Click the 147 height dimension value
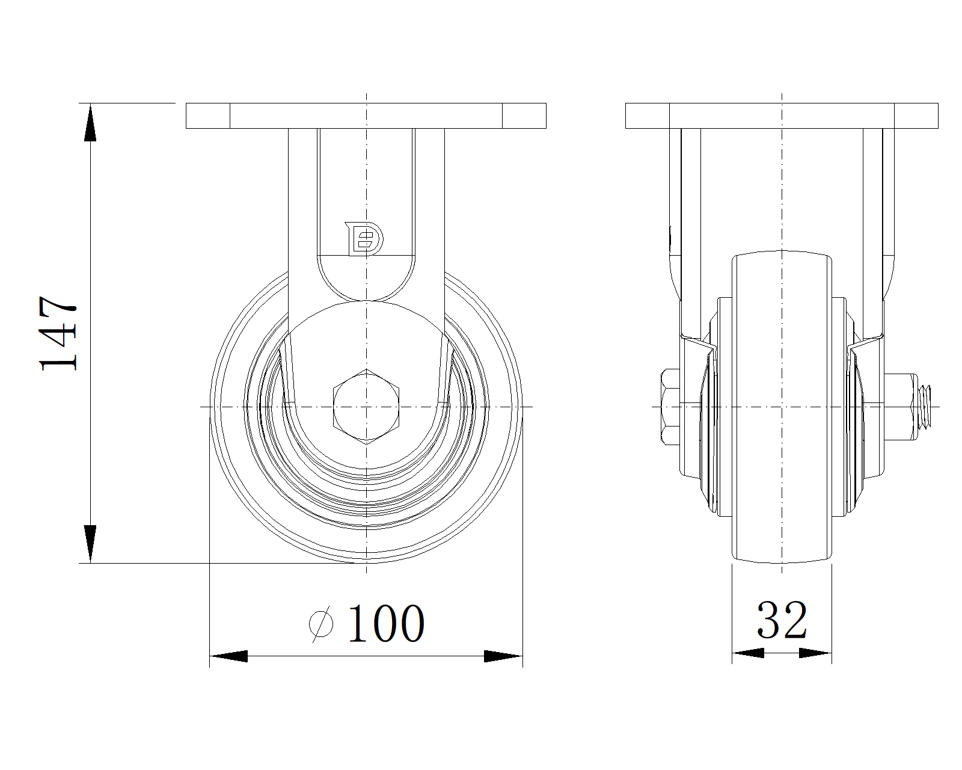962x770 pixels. pyautogui.click(x=58, y=333)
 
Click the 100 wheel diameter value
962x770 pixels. pyautogui.click(x=386, y=623)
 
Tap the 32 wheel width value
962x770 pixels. pyautogui.click(x=782, y=620)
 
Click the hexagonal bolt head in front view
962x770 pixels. pyautogui.click(x=366, y=407)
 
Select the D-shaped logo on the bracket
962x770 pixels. pyautogui.click(x=364, y=239)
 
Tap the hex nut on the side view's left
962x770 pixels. pyautogui.click(x=670, y=407)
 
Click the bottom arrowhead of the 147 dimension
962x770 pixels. pyautogui.click(x=90, y=544)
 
